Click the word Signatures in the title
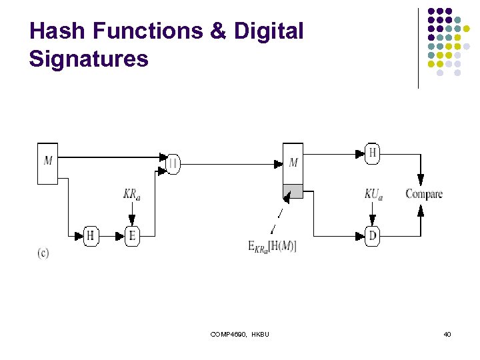point(89,59)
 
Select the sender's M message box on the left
point(48,162)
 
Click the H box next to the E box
point(91,236)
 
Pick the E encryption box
point(132,236)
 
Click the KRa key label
point(132,194)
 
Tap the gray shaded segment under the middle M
point(293,191)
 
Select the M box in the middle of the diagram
point(293,163)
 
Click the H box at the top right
point(373,154)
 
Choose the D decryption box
point(373,236)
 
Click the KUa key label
point(373,194)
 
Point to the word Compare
point(424,194)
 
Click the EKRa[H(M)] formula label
point(273,247)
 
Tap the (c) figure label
point(43,253)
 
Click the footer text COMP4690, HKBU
point(239,334)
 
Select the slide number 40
point(447,334)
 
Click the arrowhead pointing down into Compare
point(421,180)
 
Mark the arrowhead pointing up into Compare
point(421,210)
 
